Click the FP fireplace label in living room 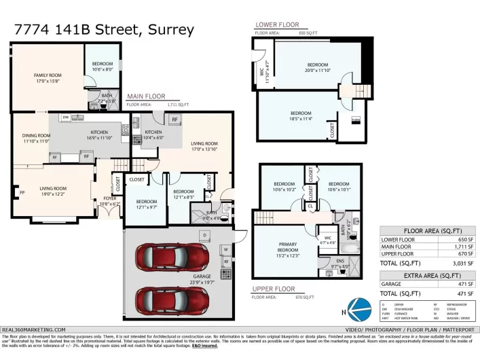(22, 192)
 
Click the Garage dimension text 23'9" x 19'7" (199, 281)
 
